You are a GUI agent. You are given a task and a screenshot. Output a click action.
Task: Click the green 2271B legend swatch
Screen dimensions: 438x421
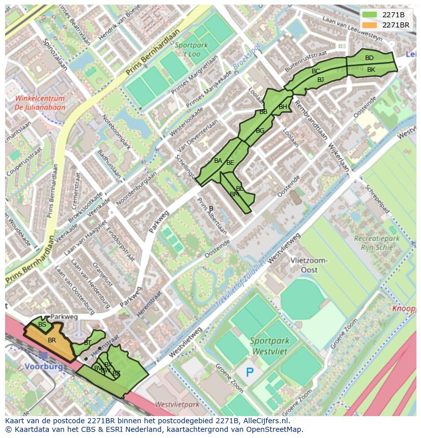pos(370,15)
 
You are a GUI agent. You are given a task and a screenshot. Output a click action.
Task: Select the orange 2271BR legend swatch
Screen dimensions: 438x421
pos(370,25)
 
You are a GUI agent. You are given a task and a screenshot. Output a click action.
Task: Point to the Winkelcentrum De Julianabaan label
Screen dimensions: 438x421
pos(40,103)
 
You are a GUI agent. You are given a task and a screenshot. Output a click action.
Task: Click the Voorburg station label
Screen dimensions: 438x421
pos(43,366)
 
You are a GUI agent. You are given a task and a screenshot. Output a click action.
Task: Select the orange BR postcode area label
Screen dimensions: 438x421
pos(51,340)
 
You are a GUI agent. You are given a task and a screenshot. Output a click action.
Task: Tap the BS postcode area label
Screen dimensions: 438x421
pos(42,324)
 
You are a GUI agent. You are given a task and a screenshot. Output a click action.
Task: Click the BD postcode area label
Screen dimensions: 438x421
pos(369,58)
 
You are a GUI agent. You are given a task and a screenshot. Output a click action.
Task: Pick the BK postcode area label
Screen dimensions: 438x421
pos(371,70)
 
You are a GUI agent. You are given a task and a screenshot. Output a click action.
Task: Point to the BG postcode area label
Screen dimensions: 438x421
pos(260,131)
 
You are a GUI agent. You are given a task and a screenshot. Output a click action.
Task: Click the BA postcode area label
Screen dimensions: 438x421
pos(218,161)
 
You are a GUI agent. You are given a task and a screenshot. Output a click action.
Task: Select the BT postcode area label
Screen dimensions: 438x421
pos(87,343)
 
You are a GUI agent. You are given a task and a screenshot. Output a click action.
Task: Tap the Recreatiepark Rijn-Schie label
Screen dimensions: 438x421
pos(377,242)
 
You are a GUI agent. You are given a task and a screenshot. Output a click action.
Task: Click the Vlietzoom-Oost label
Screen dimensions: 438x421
pos(309,265)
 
